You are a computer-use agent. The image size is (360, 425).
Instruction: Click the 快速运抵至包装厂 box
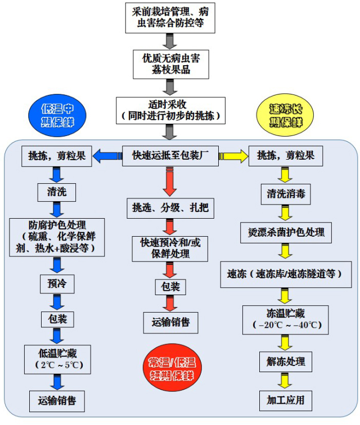click(x=170, y=156)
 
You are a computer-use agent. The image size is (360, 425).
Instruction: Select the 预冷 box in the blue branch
click(x=57, y=284)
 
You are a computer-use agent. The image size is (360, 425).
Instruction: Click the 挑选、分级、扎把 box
click(x=170, y=209)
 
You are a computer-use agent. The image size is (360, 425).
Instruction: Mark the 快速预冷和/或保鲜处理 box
click(x=170, y=248)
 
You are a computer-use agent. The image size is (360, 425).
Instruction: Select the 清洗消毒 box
click(x=286, y=195)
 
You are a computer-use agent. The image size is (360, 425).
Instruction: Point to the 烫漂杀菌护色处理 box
click(x=286, y=232)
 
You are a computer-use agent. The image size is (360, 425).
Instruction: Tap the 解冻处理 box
click(x=286, y=361)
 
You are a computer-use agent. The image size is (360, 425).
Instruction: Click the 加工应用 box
click(x=286, y=400)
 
